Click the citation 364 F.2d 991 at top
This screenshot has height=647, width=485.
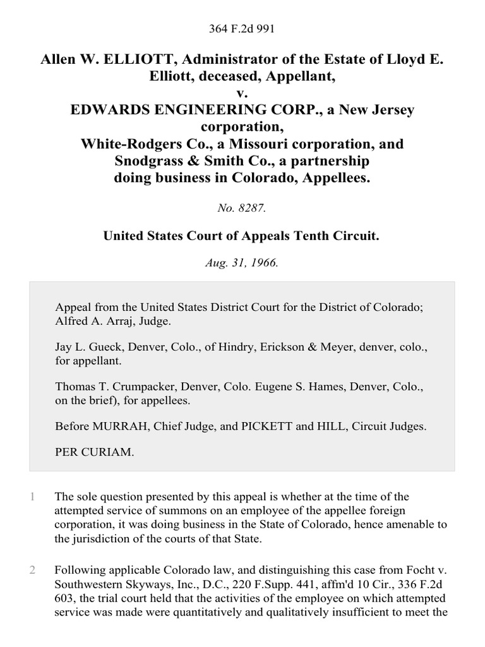[242, 28]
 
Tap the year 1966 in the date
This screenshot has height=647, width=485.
[264, 262]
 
